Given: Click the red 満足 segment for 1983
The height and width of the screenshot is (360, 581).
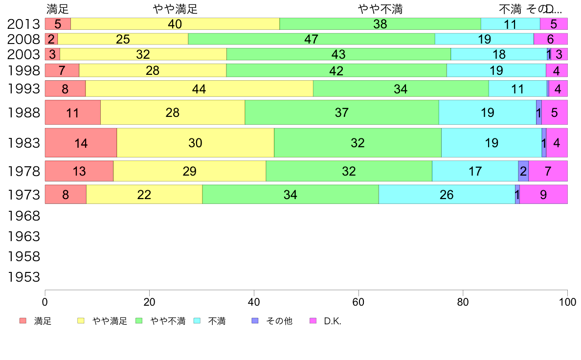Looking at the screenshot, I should coord(81,143).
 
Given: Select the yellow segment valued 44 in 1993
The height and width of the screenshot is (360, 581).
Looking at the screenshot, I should coord(199,89).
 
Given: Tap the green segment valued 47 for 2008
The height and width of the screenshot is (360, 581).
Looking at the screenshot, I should coord(311,39).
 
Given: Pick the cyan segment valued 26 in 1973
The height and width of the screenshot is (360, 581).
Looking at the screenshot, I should coord(447,195).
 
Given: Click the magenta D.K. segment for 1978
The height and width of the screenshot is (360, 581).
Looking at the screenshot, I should coord(548,171).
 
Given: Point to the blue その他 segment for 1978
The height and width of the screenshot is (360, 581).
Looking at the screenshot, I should coord(523,171).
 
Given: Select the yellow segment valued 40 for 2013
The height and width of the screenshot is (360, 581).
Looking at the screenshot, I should coord(175,24).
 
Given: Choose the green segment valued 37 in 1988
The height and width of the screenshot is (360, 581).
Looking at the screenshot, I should coord(341,112).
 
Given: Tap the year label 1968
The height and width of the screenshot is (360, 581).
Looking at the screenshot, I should coord(23,216).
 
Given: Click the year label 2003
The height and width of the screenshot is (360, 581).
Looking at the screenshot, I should coord(23,55).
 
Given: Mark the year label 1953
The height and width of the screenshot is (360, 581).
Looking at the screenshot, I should coord(23,277).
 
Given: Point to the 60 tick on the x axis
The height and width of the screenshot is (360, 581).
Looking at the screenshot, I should coord(358,301).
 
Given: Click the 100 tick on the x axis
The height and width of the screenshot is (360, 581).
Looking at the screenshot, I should coord(567,301).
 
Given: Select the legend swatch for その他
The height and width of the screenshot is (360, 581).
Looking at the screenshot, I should coord(254,321).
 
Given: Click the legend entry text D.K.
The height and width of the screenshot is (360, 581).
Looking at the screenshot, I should coord(333,321).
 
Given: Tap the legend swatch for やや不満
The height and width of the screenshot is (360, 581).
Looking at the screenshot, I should coord(138,321).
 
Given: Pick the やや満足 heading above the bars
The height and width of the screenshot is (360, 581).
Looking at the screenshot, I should coord(175,9).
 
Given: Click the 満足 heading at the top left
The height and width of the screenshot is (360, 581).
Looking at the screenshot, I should coord(58,9).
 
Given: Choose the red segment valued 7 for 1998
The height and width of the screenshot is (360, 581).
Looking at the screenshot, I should coord(62,70).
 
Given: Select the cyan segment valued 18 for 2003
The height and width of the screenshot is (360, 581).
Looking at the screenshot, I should coord(498,54).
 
